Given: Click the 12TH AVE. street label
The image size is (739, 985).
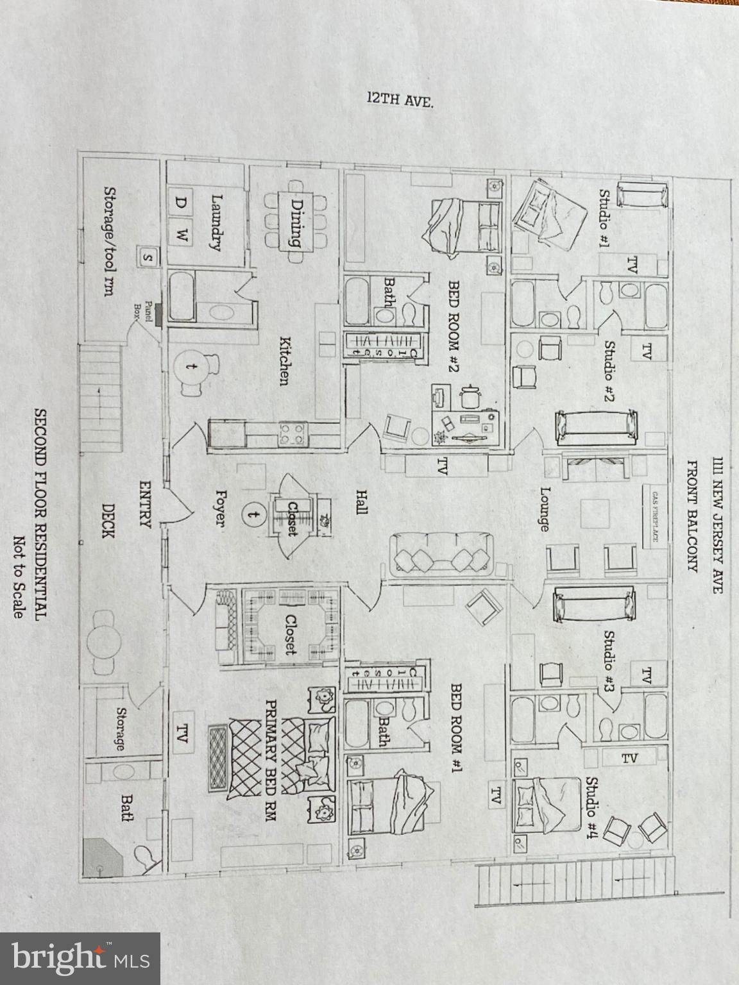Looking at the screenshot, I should tap(399, 99).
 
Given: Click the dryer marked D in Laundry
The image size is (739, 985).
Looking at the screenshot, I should tap(182, 203).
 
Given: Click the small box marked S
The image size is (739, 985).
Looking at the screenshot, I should tap(148, 258).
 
